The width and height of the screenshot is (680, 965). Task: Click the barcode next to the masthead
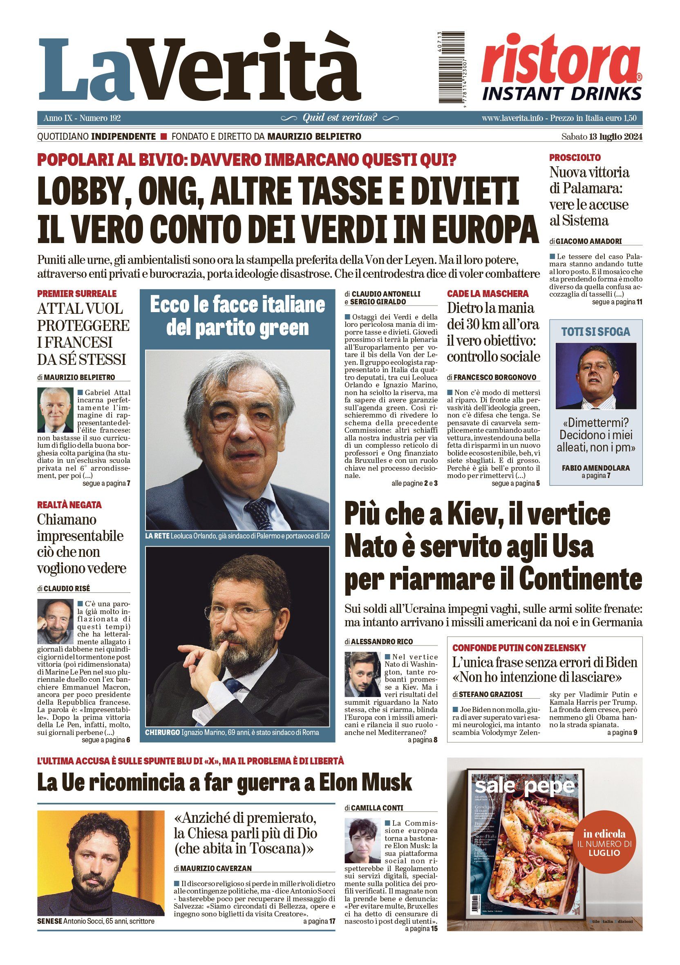coord(450,69)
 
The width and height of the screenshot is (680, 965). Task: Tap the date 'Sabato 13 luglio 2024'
coord(602,136)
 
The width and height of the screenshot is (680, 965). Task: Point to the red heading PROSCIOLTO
coord(575,158)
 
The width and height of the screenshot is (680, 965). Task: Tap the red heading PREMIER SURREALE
coord(77,293)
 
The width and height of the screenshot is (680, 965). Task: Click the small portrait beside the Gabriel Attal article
coord(56,410)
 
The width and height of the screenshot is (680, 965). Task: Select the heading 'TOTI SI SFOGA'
coord(595,332)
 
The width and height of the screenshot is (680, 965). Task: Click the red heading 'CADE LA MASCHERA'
coord(488,293)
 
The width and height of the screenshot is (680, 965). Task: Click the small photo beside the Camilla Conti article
coord(362,840)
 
